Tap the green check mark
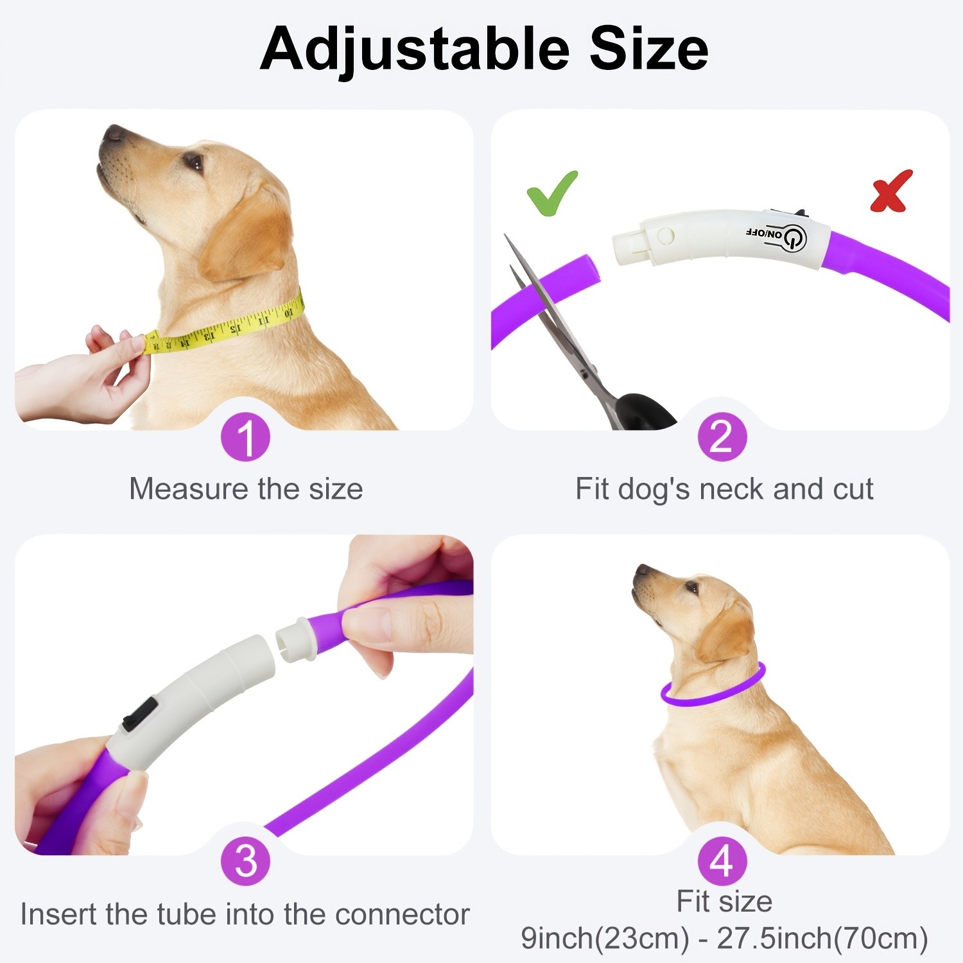[551, 192]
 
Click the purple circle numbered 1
[245, 437]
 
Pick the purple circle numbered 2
[722, 437]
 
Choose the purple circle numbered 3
[245, 862]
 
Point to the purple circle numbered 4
[722, 862]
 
